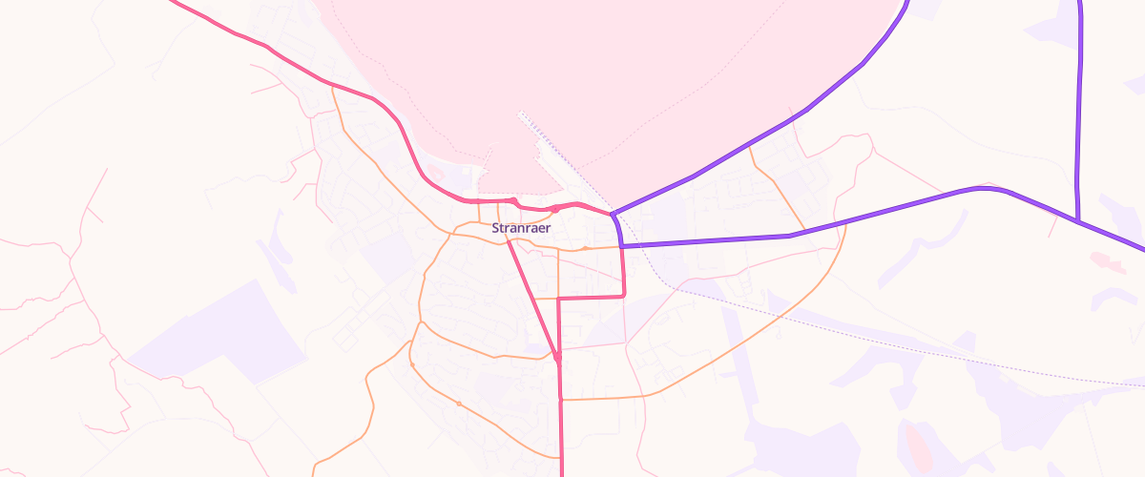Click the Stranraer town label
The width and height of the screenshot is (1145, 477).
[x=521, y=228]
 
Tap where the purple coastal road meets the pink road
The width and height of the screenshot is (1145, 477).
[x=612, y=213]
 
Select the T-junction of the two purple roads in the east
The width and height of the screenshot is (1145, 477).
[x=1077, y=221]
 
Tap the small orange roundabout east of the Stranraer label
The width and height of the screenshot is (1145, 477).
[x=586, y=248]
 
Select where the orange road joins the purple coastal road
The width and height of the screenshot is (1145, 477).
[x=751, y=144]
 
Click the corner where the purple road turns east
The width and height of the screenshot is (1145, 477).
[x=622, y=246]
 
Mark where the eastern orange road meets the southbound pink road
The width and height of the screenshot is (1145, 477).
[x=560, y=399]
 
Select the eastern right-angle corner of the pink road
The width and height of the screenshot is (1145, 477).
[x=624, y=296]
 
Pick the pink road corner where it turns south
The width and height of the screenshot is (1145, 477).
[x=558, y=299]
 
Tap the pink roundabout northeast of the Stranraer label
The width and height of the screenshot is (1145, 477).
[x=554, y=209]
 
